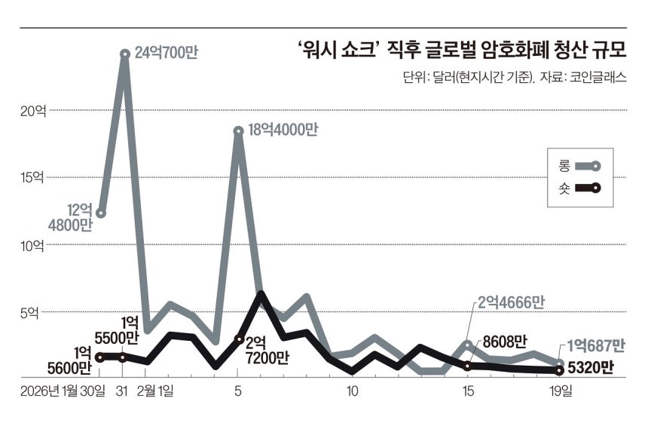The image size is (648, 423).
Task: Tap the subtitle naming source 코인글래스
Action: [x=515, y=77]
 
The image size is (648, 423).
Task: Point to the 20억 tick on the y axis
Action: [x=32, y=111]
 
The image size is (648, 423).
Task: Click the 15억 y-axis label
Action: [x=32, y=178]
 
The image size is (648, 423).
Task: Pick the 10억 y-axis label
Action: [x=32, y=245]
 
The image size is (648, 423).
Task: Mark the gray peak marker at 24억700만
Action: [x=124, y=54]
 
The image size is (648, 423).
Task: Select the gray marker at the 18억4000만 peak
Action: [x=239, y=131]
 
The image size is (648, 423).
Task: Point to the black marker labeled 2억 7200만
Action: [x=239, y=340]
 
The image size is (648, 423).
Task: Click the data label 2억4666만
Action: [x=510, y=302]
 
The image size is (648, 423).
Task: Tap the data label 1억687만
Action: [x=597, y=345]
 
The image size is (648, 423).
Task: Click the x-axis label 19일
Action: [x=561, y=392]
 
